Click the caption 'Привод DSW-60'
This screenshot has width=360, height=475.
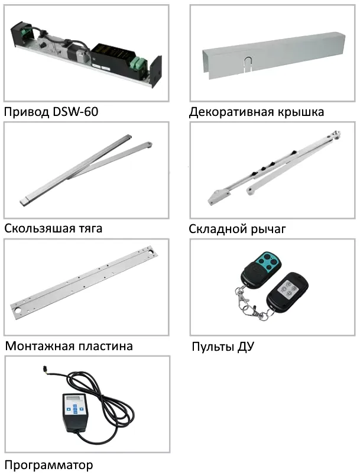click(51, 112)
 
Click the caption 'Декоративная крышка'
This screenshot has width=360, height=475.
click(257, 112)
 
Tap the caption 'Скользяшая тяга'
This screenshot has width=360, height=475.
click(53, 228)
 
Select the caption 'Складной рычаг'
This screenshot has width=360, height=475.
click(237, 229)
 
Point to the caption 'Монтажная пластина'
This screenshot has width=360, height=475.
click(69, 346)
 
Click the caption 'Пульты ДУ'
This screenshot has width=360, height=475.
click(223, 347)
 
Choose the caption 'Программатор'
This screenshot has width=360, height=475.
click(48, 464)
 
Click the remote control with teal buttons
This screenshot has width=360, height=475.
click(261, 270)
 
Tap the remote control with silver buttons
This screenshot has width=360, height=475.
click(287, 292)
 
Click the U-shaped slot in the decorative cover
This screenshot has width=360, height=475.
click(248, 62)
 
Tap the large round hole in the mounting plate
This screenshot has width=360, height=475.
click(18, 311)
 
